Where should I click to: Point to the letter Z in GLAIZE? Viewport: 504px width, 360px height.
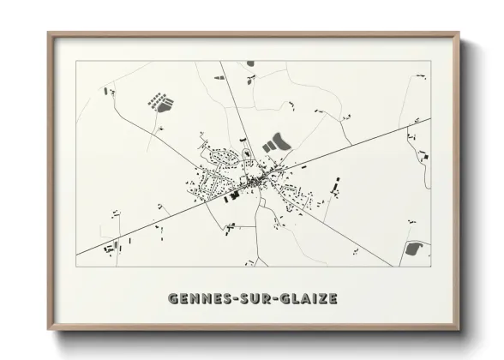point(321,299)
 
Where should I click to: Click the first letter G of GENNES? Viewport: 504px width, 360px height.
point(175,299)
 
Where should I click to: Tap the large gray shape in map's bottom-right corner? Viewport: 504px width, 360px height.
point(414,249)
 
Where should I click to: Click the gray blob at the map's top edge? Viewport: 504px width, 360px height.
point(250,63)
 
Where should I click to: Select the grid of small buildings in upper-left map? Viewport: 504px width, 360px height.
point(160,102)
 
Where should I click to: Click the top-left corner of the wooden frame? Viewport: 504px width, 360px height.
point(50,34)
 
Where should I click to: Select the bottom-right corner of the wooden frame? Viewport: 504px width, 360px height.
point(459,330)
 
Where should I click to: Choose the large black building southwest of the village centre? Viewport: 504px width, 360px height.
point(233,195)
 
